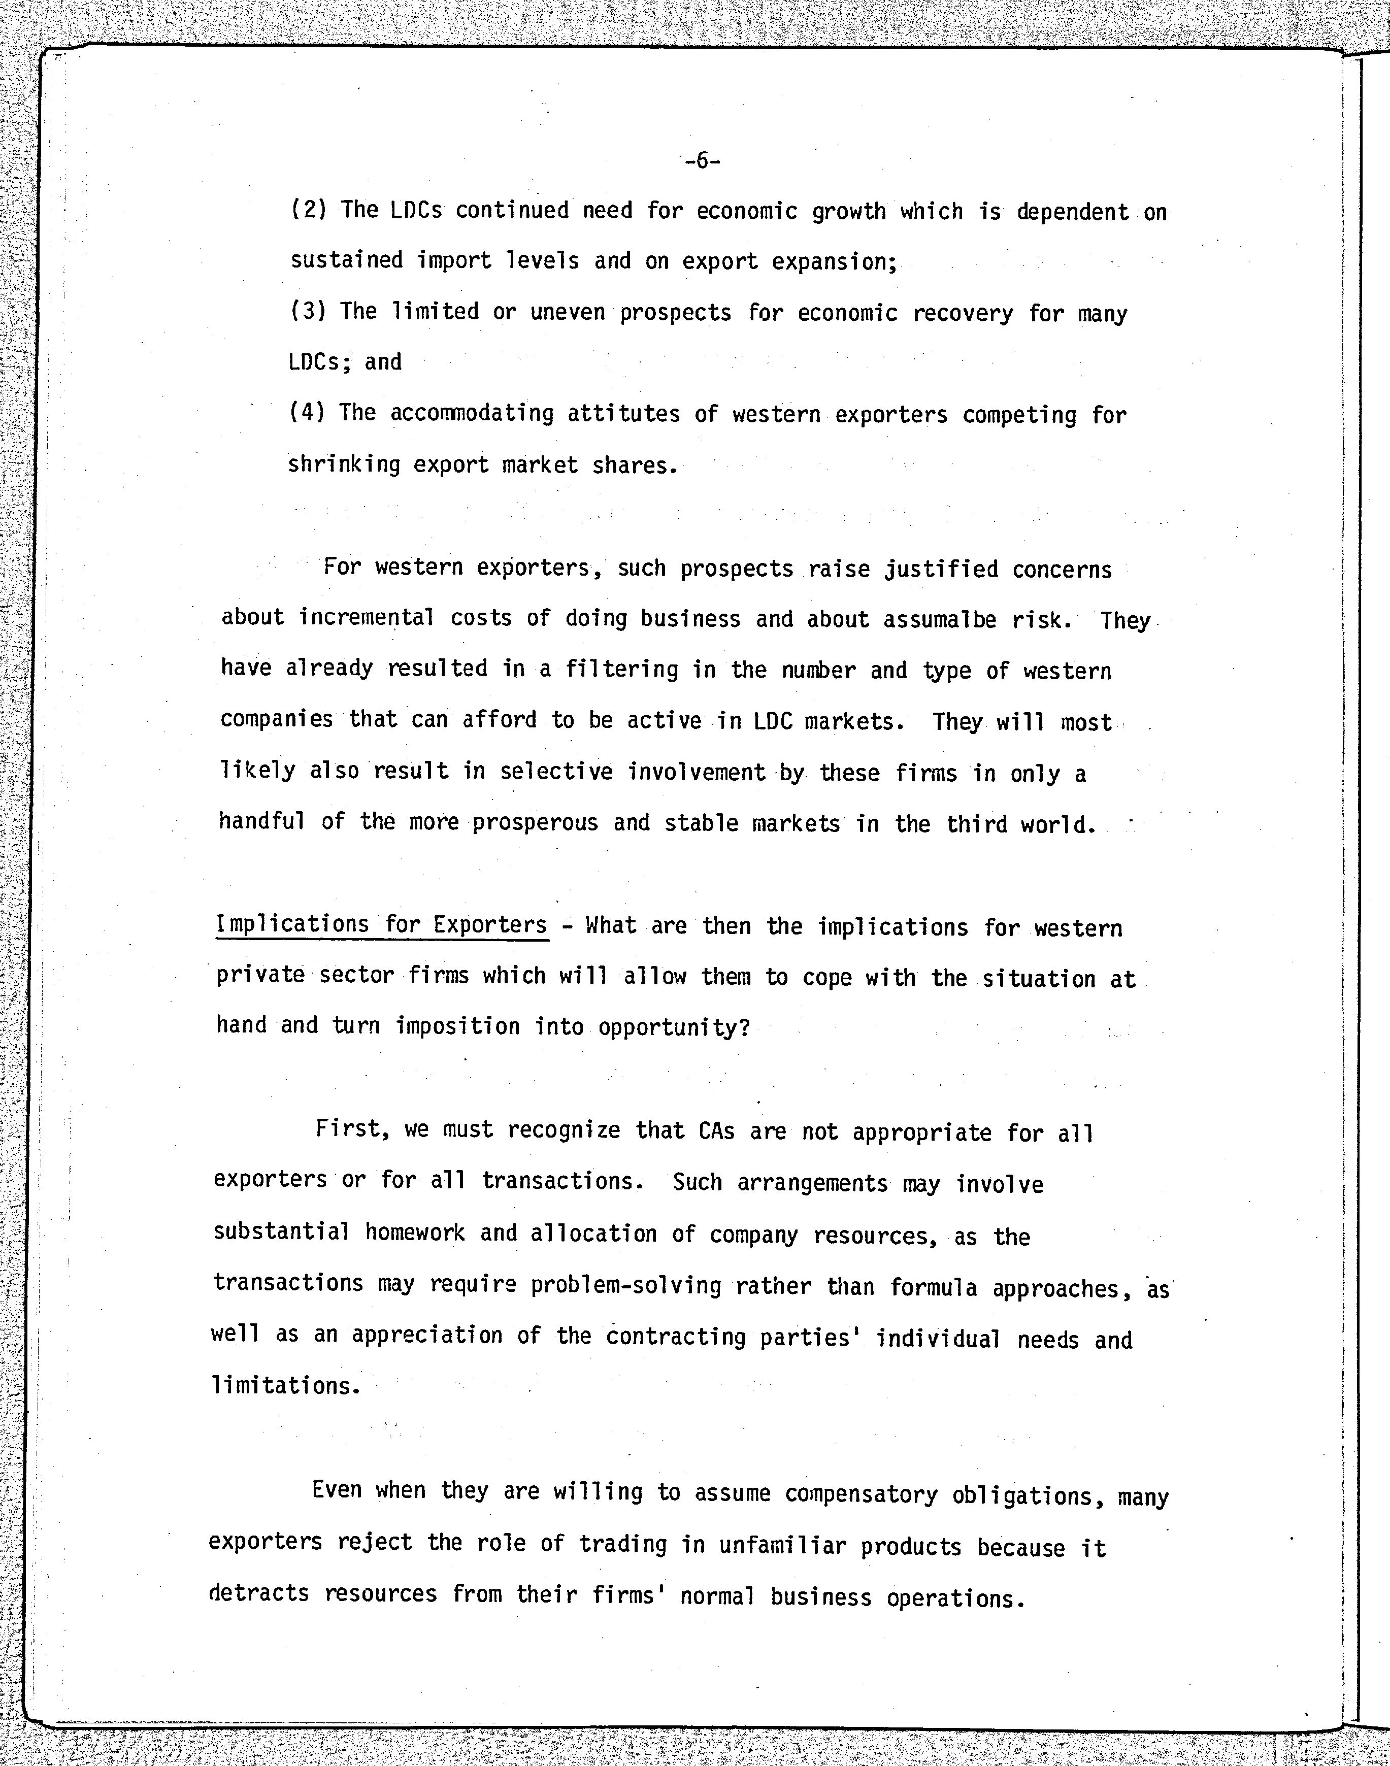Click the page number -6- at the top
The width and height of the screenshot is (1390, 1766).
click(702, 161)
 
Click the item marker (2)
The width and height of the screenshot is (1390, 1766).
click(309, 210)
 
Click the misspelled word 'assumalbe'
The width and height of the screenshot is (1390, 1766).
click(940, 620)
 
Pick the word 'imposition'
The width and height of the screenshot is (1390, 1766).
click(457, 1026)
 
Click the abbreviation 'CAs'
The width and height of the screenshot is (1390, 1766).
click(716, 1131)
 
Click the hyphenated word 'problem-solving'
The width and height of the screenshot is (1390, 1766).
click(626, 1286)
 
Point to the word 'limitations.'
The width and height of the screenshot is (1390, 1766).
click(286, 1385)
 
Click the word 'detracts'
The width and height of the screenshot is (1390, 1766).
click(259, 1593)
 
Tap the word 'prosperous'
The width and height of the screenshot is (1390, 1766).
click(536, 823)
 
